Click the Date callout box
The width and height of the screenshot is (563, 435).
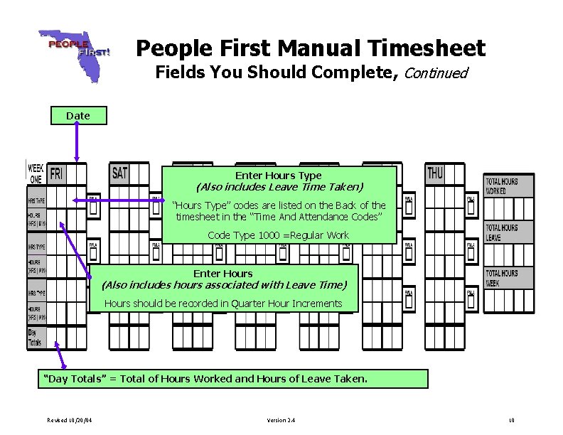[78, 115]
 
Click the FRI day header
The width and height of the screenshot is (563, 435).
[58, 173]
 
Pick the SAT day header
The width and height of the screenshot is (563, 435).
[120, 173]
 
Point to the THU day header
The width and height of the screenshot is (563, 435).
[435, 173]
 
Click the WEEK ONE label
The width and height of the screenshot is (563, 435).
[36, 173]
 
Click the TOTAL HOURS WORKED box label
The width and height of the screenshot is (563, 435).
[501, 186]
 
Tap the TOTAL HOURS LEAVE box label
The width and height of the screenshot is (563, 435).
[501, 232]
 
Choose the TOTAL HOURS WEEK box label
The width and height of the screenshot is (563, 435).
[501, 278]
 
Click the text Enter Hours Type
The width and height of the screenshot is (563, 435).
[279, 176]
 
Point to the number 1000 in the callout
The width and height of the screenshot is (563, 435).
[269, 235]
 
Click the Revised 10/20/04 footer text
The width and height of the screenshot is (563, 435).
[70, 421]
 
